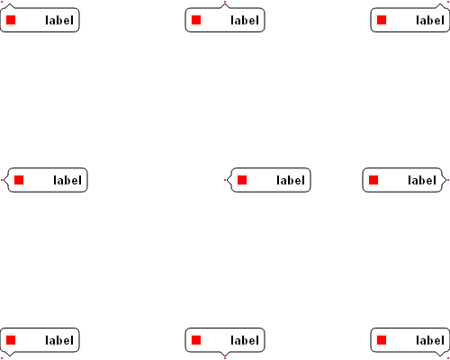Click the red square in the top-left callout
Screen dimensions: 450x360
click(x=11, y=20)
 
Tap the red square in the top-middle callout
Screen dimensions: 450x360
click(x=196, y=20)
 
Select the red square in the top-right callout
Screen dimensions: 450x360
click(x=382, y=20)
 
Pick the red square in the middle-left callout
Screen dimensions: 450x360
click(x=19, y=180)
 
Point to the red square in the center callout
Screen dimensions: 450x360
click(x=242, y=180)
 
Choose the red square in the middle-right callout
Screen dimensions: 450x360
click(x=373, y=180)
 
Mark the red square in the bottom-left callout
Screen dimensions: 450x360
click(x=11, y=340)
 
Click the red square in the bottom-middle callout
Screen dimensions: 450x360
click(x=196, y=340)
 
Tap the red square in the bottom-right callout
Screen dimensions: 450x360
click(x=382, y=340)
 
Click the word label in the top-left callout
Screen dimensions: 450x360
click(x=59, y=21)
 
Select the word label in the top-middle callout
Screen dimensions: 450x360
click(x=245, y=21)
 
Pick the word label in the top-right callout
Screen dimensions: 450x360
click(x=430, y=21)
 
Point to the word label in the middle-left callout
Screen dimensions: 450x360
click(x=67, y=180)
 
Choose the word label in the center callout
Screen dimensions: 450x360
click(x=291, y=180)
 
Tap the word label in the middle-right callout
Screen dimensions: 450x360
click(x=422, y=180)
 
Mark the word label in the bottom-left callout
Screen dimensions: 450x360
click(x=59, y=340)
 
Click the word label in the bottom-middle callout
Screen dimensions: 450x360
click(x=245, y=340)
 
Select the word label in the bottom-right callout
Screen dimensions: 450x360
click(x=430, y=340)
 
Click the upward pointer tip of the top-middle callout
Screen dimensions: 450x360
click(x=225, y=4)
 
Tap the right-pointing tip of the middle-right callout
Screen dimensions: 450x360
click(x=446, y=180)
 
